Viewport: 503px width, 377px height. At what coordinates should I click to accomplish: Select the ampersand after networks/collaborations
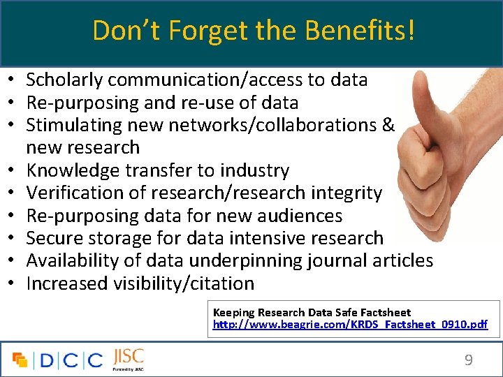pyautogui.click(x=388, y=126)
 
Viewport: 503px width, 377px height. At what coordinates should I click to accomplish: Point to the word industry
pyautogui.click(x=254, y=171)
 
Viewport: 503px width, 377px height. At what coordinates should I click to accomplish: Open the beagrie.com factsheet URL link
pyautogui.click(x=350, y=325)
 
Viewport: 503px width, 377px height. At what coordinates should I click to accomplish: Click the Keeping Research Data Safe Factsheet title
pyautogui.click(x=312, y=313)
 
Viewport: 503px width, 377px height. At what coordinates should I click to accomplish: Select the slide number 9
pyautogui.click(x=469, y=360)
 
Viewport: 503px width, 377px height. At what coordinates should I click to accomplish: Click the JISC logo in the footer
pyautogui.click(x=127, y=358)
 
